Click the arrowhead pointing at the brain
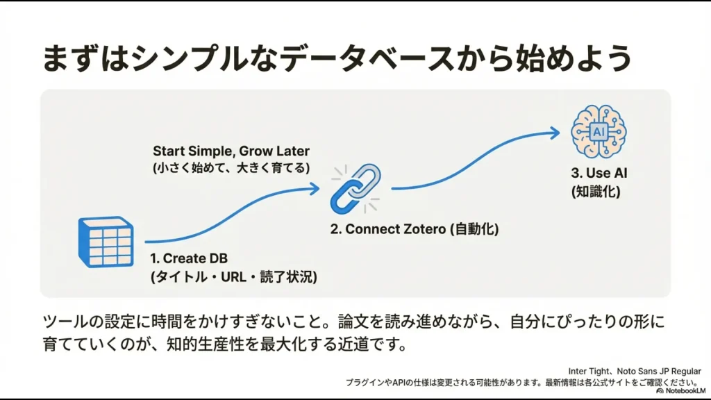point(553,132)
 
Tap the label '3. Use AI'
point(594,173)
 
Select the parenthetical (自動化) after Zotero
point(476,229)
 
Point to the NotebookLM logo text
point(683,391)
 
